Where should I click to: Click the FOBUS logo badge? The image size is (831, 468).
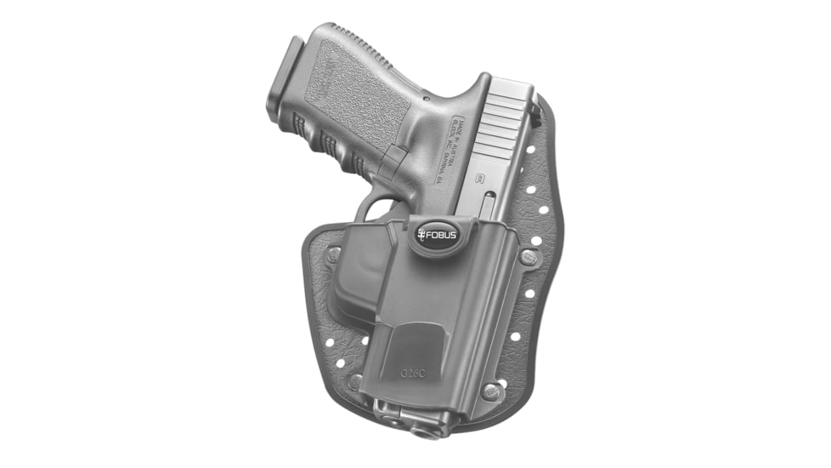[438, 232]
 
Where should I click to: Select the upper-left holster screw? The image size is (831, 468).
[334, 254]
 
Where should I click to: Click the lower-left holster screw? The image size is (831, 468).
[355, 383]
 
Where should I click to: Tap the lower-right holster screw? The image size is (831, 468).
[490, 391]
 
